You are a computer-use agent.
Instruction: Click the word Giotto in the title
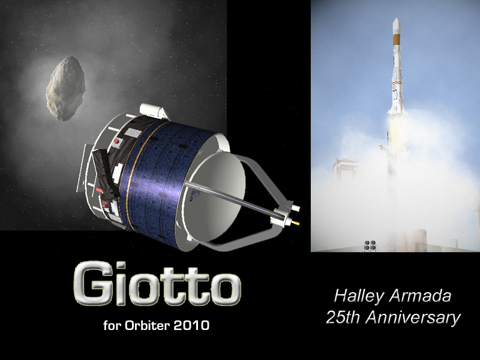tap(157, 283)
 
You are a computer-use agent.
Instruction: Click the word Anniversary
tap(413, 318)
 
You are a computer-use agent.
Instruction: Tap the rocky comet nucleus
tap(65, 88)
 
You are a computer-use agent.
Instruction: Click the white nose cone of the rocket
tap(396, 26)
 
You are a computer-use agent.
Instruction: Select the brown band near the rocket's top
tap(397, 40)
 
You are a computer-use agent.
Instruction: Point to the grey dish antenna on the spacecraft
tap(214, 196)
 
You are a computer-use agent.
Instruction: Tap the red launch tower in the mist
tap(345, 169)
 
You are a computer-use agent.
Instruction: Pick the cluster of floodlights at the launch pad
tap(370, 245)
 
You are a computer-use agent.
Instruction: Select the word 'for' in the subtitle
tap(112, 325)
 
